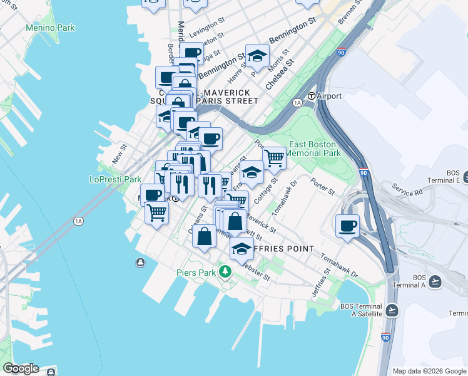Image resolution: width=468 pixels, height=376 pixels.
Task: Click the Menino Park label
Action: click(x=50, y=28)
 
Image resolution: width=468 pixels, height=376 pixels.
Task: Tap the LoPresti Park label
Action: click(x=115, y=179)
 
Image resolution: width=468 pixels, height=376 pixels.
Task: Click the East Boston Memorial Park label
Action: click(x=314, y=148)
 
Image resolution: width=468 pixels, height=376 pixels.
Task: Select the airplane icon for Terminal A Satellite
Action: click(x=392, y=310)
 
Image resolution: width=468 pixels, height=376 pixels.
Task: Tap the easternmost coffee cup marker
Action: click(x=347, y=226)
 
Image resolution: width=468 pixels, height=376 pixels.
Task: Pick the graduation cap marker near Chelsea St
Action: click(x=257, y=56)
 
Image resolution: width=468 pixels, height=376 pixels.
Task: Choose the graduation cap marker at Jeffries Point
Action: click(x=242, y=249)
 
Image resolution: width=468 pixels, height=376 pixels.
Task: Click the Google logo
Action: click(x=21, y=368)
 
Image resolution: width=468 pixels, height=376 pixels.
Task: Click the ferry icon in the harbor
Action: click(x=139, y=262)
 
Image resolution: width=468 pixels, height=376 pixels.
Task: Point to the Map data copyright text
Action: click(x=429, y=371)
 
